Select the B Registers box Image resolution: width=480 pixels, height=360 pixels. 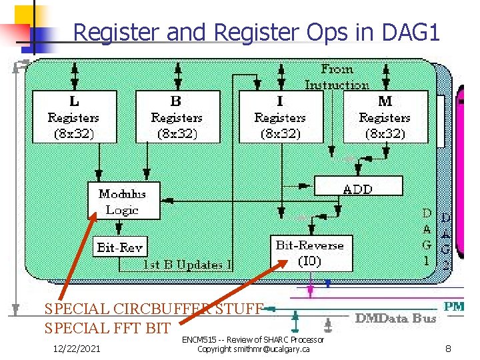tap(177, 117)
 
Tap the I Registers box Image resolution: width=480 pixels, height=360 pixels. tap(281, 117)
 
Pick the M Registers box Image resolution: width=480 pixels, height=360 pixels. tap(385, 117)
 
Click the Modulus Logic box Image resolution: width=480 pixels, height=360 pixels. tap(124, 201)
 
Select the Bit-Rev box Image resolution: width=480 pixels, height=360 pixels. tap(120, 247)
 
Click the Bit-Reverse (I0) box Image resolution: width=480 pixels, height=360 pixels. tap(309, 253)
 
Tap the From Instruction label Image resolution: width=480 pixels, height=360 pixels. tap(337, 77)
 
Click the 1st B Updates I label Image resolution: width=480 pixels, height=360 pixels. tap(188, 265)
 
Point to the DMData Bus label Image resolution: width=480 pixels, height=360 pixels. tap(396, 318)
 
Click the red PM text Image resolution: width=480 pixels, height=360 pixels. tap(454, 306)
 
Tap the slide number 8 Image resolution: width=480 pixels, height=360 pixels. tap(449, 348)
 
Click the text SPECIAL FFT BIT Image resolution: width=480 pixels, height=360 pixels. tap(107, 328)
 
